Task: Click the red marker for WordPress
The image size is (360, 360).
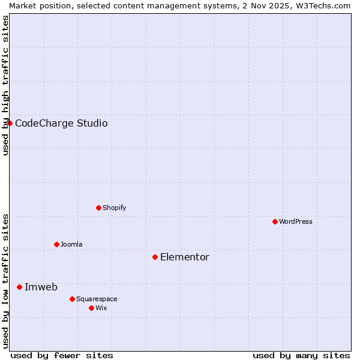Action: [275, 221]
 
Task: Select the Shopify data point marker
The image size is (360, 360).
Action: [98, 208]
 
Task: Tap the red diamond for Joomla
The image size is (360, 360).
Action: [56, 244]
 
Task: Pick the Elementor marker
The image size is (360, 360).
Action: [155, 257]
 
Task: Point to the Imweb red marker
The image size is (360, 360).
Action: [19, 287]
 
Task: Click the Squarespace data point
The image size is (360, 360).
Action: [72, 299]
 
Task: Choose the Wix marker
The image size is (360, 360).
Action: [91, 308]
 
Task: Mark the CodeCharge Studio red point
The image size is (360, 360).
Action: [10, 123]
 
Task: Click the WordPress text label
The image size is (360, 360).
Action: [296, 221]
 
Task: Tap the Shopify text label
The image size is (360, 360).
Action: [115, 208]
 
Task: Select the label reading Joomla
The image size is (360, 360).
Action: [71, 244]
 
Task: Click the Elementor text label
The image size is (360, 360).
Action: [185, 257]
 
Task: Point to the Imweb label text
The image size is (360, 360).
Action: [41, 287]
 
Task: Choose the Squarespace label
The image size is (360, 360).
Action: [97, 299]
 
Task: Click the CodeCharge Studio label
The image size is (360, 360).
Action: [61, 123]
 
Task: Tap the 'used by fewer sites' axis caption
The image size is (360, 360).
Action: [62, 355]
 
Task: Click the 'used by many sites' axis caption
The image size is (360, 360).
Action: [301, 355]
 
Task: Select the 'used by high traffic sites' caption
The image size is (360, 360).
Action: [5, 85]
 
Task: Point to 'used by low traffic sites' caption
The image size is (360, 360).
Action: [5, 281]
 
